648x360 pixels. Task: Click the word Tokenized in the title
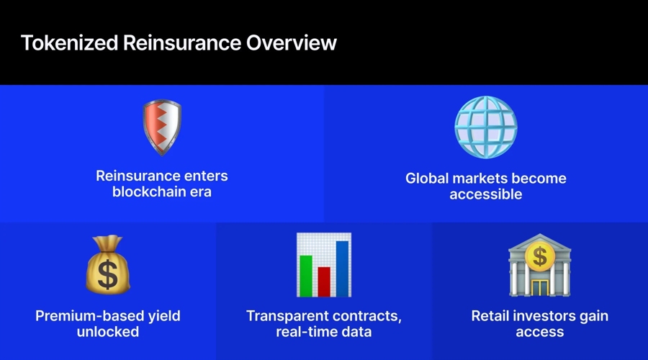click(68, 42)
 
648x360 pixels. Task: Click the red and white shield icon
click(162, 127)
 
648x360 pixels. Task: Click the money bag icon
click(107, 264)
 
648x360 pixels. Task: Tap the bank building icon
click(539, 264)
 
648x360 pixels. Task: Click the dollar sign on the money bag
click(108, 274)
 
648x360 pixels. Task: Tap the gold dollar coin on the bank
click(539, 256)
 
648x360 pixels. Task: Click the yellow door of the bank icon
click(539, 286)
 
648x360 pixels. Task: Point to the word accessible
click(485, 194)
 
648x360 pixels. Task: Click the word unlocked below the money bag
click(107, 331)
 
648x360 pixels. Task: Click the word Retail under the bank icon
click(492, 315)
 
